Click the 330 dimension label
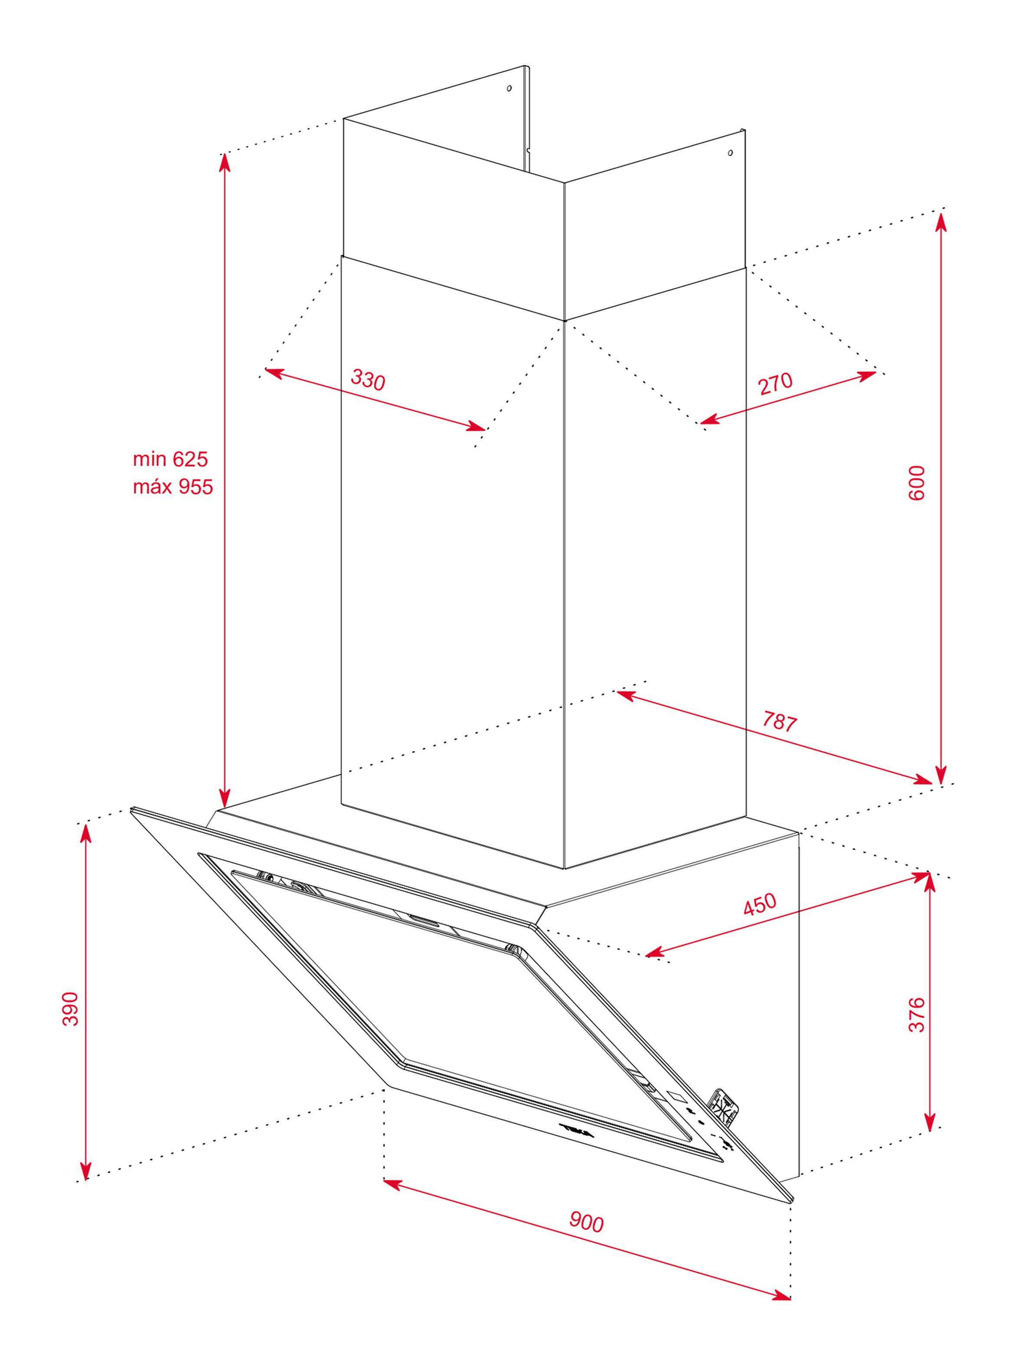(x=368, y=380)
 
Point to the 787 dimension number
(x=779, y=723)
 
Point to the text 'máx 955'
(x=173, y=486)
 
